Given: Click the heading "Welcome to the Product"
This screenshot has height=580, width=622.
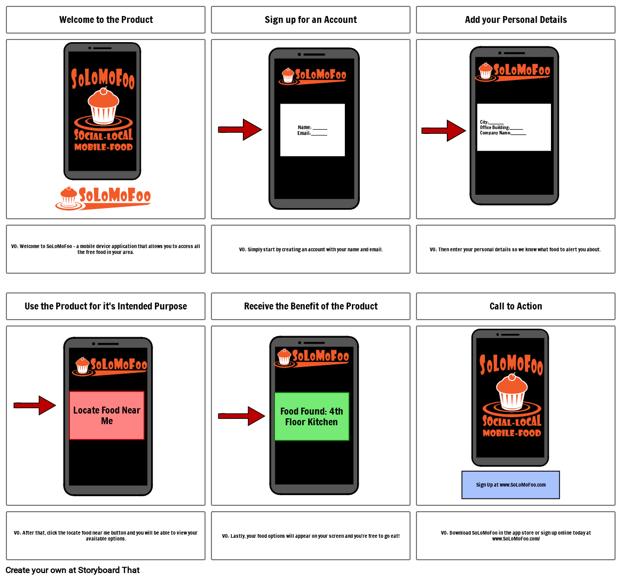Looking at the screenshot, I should click(106, 20).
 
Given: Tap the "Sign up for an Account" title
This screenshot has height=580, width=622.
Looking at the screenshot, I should click(311, 20).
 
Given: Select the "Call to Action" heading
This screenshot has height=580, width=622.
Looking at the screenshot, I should click(516, 306).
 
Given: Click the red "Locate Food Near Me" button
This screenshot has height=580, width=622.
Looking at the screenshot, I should click(107, 415).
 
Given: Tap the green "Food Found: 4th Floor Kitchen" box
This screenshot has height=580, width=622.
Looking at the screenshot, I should click(311, 416).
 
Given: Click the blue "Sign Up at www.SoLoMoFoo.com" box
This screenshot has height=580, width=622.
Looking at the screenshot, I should click(510, 484).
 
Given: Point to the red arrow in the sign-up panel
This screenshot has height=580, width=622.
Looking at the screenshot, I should click(240, 130).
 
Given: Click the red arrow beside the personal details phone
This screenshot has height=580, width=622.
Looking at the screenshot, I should click(444, 131).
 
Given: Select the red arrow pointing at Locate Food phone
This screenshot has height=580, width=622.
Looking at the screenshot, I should click(35, 406).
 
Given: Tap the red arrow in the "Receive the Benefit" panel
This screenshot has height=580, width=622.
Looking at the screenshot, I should click(241, 416).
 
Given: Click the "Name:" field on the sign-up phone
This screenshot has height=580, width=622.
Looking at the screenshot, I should click(312, 128).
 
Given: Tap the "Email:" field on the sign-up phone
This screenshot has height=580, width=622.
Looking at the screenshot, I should click(312, 133).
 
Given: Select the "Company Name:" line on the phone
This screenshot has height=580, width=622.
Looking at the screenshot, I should click(502, 133).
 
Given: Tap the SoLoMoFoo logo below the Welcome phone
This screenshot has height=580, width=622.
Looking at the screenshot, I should click(103, 198).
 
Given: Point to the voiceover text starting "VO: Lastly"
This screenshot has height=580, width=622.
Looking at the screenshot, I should click(311, 536).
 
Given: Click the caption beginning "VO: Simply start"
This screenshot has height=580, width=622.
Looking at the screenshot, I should click(311, 249).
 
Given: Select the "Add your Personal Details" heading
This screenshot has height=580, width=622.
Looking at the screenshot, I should click(516, 20).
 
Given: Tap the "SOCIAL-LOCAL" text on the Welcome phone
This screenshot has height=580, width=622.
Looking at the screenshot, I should click(103, 136).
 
